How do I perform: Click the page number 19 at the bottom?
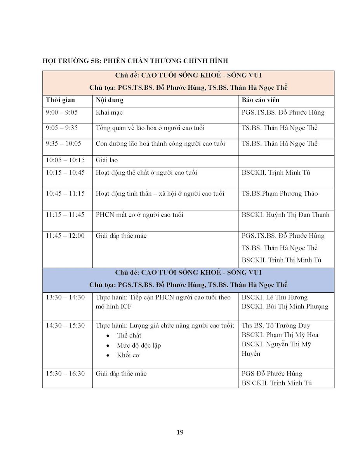coord(180,432)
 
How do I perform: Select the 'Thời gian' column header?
coord(60,100)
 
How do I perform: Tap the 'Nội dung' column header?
coord(110,100)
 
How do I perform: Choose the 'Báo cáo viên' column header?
coord(260,100)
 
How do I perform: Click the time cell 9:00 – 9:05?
coord(62,113)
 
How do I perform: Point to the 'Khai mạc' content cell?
coord(109,113)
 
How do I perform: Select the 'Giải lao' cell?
coord(107,160)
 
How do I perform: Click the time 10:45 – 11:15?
coord(65,193)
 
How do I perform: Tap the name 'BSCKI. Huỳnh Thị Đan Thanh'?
coord(285,214)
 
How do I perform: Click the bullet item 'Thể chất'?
coord(129,336)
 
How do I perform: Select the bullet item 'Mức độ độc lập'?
coord(139,345)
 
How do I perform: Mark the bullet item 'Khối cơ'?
coord(128,355)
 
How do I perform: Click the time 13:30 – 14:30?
coord(65,297)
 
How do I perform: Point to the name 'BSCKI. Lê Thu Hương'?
coord(274,297)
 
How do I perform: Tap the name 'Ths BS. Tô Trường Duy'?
coord(276,325)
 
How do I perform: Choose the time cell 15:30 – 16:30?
coord(65,374)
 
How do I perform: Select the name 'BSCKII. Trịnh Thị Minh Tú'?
coord(281,260)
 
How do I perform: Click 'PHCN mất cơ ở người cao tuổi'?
coord(139,214)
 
